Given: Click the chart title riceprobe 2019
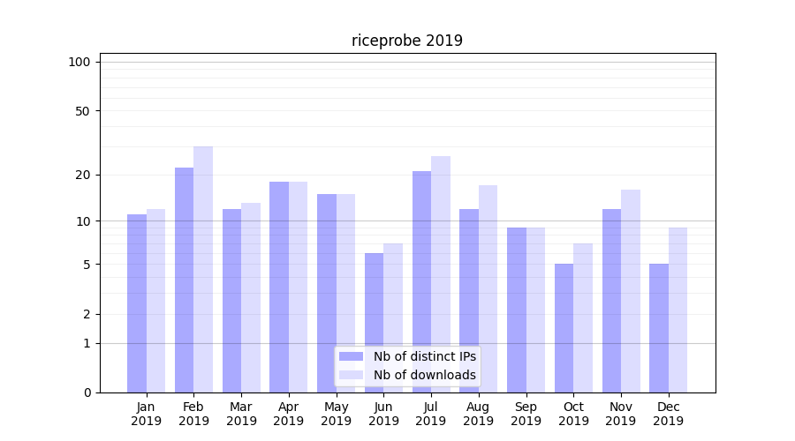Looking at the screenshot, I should click(406, 41).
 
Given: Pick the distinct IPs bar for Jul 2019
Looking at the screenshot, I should click(421, 281).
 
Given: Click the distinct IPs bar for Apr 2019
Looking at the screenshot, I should click(279, 287).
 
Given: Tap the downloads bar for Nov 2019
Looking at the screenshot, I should click(631, 291).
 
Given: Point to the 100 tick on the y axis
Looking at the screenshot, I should click(79, 62).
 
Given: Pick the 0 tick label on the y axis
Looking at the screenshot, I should click(87, 392).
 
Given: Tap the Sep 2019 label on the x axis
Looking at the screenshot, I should click(526, 414).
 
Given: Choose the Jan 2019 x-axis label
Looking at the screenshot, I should click(147, 414).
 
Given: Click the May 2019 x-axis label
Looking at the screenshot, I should click(336, 414).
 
